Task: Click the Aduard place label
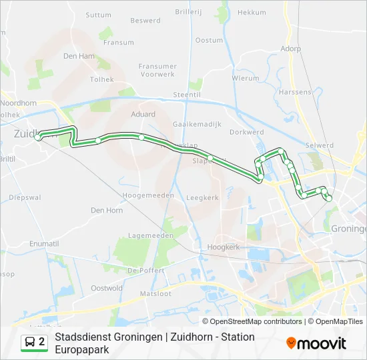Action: click(x=143, y=114)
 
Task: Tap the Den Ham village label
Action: click(x=79, y=57)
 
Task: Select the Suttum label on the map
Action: click(x=99, y=15)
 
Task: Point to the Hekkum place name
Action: click(x=252, y=13)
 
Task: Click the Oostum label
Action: click(x=210, y=41)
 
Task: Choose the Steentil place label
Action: click(x=187, y=95)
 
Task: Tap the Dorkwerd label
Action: click(x=246, y=132)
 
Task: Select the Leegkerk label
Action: click(x=202, y=198)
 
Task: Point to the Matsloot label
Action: click(x=155, y=293)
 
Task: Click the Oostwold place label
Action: click(x=107, y=288)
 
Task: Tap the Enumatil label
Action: click(x=44, y=244)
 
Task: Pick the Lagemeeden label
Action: click(x=151, y=235)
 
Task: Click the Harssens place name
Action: click(x=295, y=91)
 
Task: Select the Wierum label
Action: click(x=245, y=78)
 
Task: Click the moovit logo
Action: click(x=316, y=343)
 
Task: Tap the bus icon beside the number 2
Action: click(x=30, y=343)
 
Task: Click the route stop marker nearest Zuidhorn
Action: click(x=40, y=137)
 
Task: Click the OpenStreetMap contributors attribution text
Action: click(x=256, y=321)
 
